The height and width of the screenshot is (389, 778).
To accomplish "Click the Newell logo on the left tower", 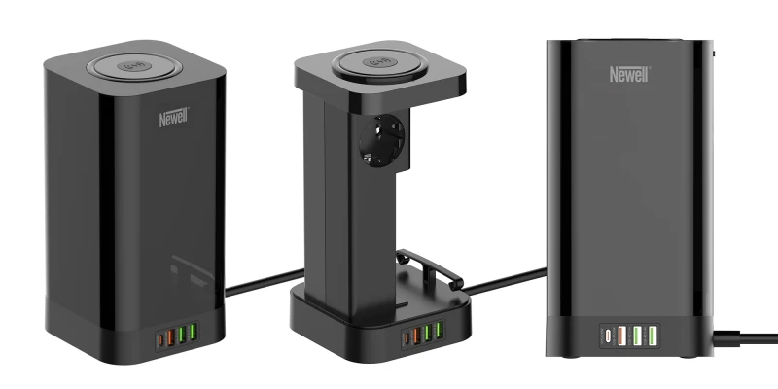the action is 174,118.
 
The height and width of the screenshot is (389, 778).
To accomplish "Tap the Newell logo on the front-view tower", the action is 629,74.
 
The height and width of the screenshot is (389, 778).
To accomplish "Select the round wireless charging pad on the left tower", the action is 134,67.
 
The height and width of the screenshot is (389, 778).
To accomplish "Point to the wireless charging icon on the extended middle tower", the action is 379,62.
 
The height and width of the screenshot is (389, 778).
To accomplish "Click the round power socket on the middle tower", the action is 381,140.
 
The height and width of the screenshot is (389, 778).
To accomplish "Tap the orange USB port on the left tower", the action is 170,336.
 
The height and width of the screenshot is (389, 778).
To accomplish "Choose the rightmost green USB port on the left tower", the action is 193,332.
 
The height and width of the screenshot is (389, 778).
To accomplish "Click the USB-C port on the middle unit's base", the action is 407,338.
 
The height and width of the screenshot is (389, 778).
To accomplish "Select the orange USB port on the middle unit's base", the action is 416,336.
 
